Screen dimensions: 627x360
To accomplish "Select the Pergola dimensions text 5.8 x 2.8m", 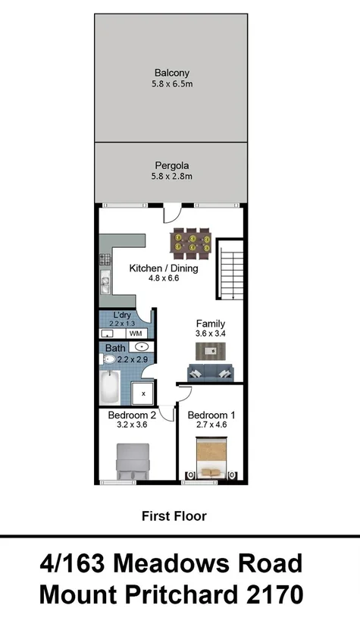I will click(171, 177).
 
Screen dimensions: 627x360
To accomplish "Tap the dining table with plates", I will click(191, 242).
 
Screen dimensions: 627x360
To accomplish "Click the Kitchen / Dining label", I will click(163, 268).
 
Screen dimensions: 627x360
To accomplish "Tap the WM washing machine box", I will click(136, 333).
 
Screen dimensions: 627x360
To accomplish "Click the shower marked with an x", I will click(142, 393).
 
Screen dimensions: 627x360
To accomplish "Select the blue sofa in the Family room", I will click(211, 372).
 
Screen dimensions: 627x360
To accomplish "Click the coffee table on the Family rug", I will click(211, 350).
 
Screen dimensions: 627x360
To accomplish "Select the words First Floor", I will click(174, 516).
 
